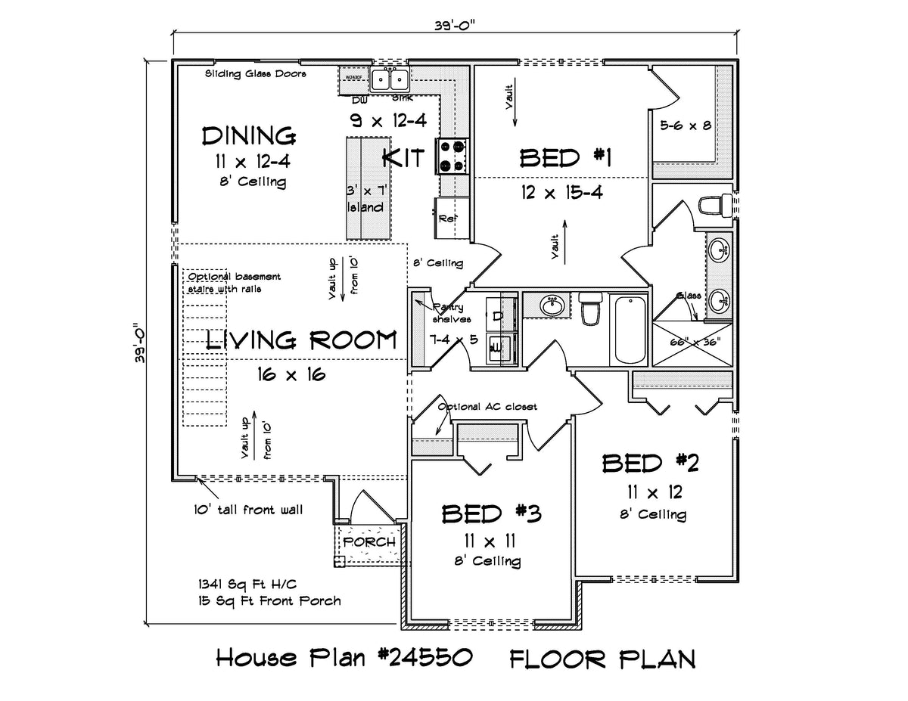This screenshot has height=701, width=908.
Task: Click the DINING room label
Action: [x=248, y=136]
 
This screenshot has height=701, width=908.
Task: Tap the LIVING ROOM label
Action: [x=301, y=340]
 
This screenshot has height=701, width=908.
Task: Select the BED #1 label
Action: [x=564, y=158]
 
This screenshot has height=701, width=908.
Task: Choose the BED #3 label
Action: [x=491, y=514]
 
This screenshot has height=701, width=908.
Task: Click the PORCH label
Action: [x=369, y=542]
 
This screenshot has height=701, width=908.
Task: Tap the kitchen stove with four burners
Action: [x=453, y=157]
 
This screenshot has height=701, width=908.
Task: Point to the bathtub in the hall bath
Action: [x=630, y=330]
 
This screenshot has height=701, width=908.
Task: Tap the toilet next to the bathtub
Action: [x=589, y=311]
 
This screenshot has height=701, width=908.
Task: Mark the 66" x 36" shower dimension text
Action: [x=695, y=342]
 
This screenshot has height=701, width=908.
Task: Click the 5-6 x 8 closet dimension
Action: [x=685, y=126]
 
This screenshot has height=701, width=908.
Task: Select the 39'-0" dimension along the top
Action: [x=455, y=23]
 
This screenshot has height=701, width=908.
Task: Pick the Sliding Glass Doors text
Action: [x=255, y=74]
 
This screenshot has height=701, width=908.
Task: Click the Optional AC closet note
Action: [x=487, y=407]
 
